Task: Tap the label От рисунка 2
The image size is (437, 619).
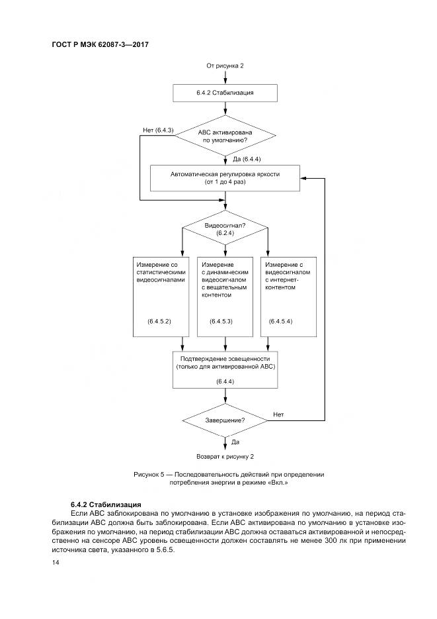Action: click(225, 66)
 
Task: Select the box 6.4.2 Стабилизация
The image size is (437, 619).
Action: click(225, 93)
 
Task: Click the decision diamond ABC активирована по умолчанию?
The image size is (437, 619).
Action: click(225, 136)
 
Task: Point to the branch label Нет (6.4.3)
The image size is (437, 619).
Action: click(157, 130)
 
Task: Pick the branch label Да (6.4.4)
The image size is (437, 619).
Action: click(247, 159)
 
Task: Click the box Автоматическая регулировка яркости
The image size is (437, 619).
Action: click(225, 177)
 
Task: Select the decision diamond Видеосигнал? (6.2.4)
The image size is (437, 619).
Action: click(225, 230)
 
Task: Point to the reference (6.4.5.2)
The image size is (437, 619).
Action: click(159, 321)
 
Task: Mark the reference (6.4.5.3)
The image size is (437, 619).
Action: click(221, 321)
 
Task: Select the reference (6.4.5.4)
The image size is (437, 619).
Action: click(281, 321)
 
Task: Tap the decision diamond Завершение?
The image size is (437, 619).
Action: click(225, 420)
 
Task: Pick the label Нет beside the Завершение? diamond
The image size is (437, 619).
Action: click(278, 414)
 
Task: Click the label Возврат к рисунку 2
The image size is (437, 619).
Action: click(225, 457)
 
